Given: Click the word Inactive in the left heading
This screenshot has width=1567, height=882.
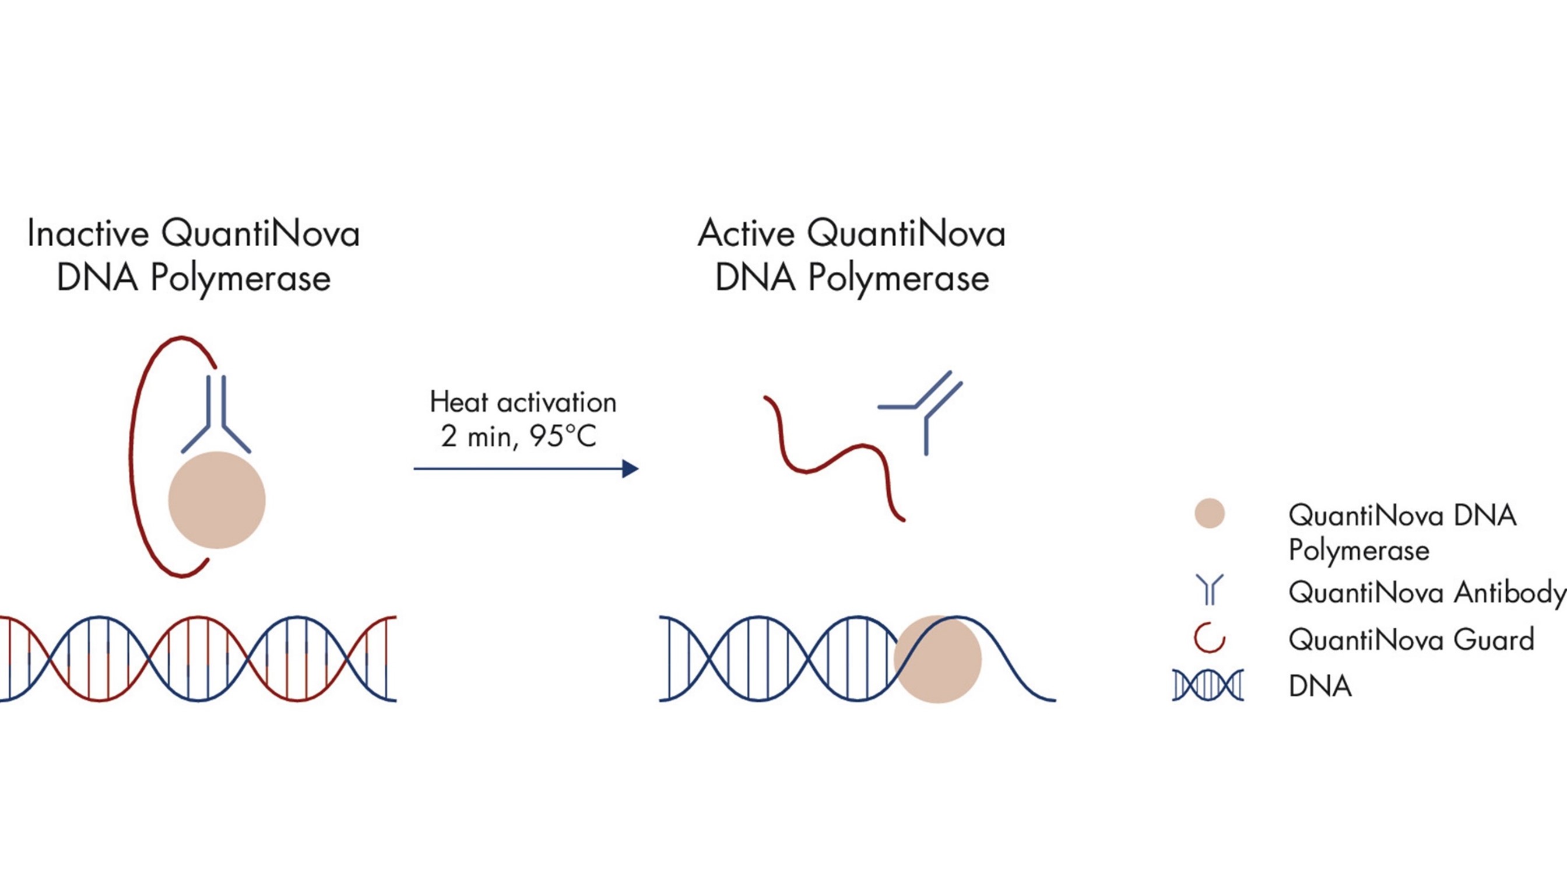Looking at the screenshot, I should tap(87, 234).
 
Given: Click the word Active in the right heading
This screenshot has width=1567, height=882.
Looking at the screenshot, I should tap(746, 234).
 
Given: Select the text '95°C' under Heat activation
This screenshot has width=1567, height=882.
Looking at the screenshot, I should tap(563, 436).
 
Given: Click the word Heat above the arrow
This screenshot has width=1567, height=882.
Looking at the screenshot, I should tap(459, 402).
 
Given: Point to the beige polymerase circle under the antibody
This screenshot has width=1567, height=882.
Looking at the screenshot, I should tap(216, 500).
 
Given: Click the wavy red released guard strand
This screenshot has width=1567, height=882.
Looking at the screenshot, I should tap(833, 460).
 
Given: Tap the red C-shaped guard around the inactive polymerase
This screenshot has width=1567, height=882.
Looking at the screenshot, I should tap(135, 457).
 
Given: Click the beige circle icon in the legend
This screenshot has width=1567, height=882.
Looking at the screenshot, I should tap(1208, 514).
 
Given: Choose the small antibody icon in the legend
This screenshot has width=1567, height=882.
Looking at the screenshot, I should tap(1208, 589).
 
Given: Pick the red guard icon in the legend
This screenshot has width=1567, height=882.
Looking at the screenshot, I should tap(1208, 639).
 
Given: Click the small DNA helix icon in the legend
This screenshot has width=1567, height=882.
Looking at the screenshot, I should tap(1207, 685).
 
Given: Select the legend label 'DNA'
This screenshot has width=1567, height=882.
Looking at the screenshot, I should tap(1319, 687).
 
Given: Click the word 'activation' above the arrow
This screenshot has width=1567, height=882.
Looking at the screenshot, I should tap(556, 402).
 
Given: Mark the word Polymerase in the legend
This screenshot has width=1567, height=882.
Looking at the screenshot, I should tap(1358, 550).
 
